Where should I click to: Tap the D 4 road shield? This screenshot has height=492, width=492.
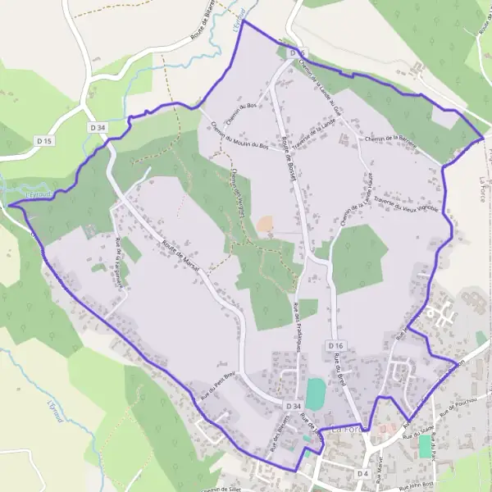[363, 473]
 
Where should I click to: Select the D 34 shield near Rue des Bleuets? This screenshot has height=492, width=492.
[295, 406]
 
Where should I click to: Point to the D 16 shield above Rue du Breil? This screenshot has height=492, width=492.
[335, 346]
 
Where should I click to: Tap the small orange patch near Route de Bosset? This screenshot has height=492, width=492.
[266, 223]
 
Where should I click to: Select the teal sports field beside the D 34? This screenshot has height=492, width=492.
[315, 393]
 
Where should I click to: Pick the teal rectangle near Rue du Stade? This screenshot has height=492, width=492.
[424, 446]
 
